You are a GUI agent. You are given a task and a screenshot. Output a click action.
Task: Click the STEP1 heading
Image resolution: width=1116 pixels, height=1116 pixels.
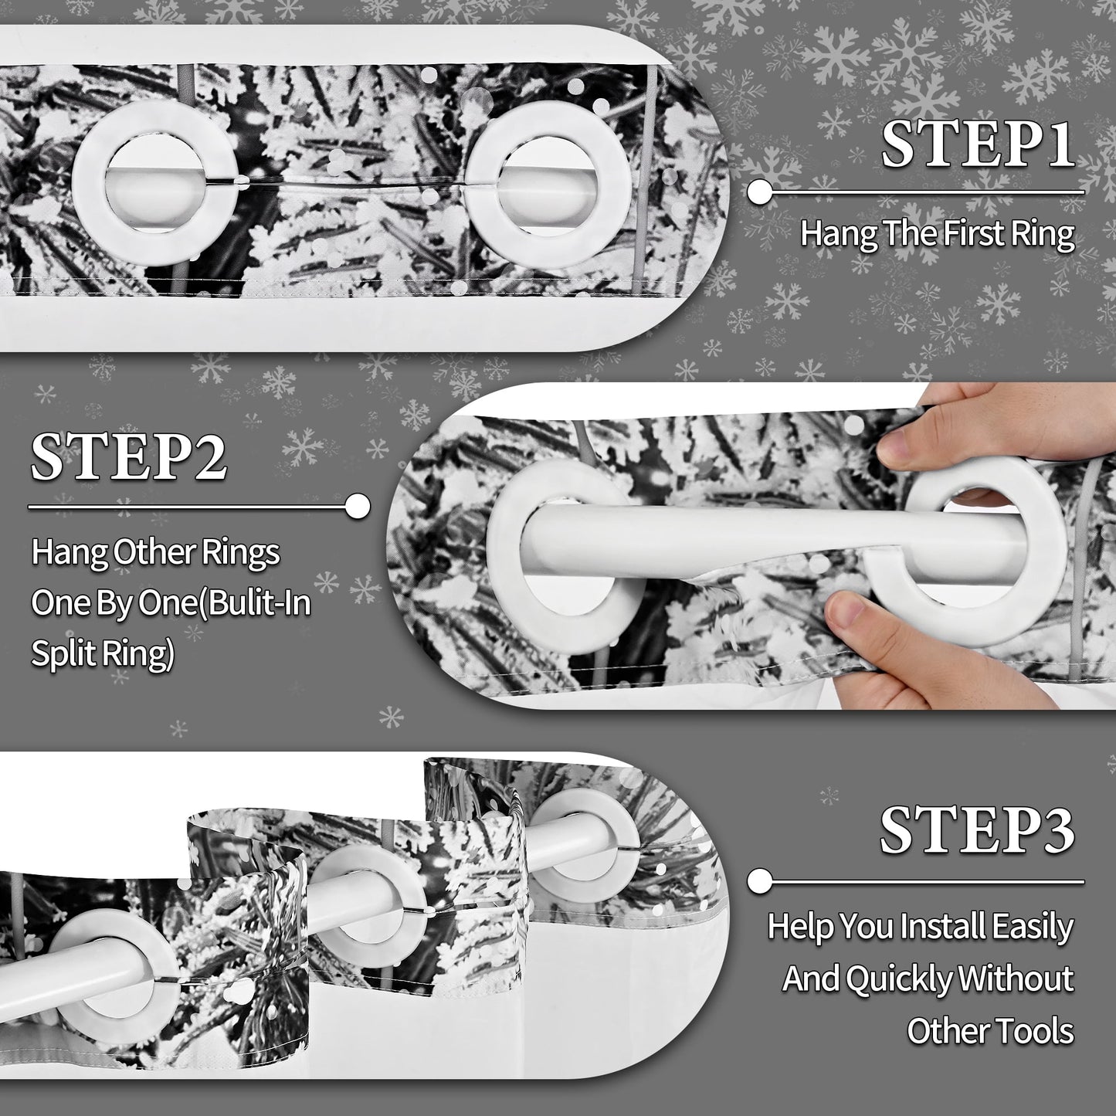click(x=978, y=144)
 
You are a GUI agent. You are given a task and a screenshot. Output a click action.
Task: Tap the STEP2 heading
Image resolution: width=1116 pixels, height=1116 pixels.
click(x=128, y=457)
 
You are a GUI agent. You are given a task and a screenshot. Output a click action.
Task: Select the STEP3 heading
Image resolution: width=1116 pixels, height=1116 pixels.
click(x=977, y=830)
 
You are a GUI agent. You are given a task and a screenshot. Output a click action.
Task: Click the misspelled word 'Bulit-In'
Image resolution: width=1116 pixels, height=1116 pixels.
click(x=258, y=603)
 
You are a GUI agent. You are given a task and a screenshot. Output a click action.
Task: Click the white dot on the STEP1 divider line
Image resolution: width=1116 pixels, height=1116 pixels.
click(x=760, y=192)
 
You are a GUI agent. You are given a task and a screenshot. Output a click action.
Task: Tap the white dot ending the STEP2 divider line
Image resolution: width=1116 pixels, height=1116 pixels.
click(x=358, y=507)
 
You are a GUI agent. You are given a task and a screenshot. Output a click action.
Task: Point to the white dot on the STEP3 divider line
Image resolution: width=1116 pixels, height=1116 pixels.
click(x=760, y=882)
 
